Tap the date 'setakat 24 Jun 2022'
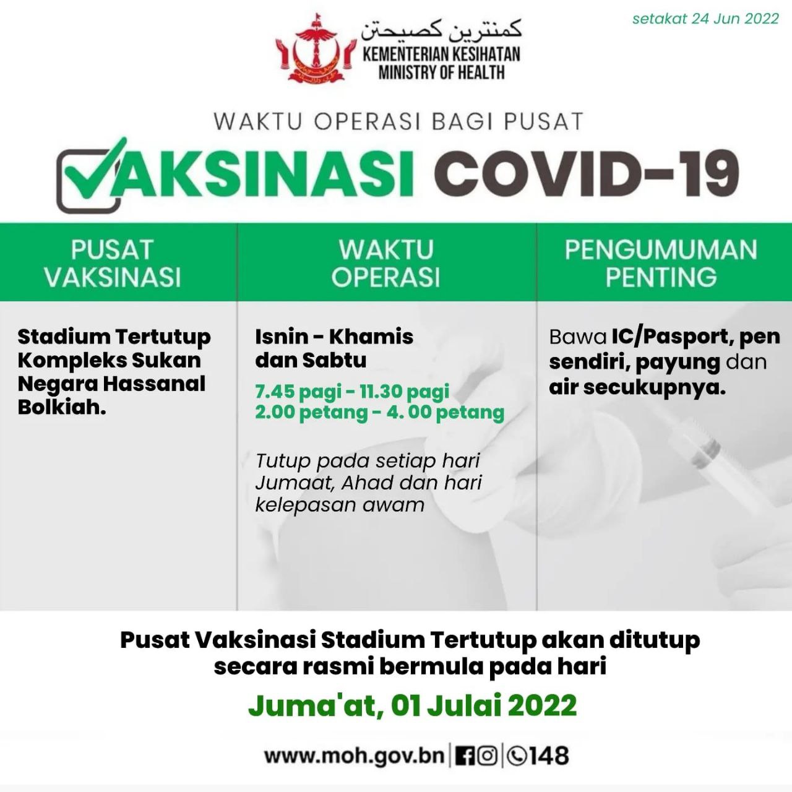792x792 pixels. (705, 19)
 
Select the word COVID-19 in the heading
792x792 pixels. (587, 174)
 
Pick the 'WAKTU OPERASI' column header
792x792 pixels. (386, 263)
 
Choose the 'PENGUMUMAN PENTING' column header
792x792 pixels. (661, 263)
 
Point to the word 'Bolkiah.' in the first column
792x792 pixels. (62, 407)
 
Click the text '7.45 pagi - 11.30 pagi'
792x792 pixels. (352, 391)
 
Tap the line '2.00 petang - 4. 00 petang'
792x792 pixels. (379, 412)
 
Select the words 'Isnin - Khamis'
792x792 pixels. (334, 337)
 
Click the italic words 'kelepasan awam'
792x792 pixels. (340, 505)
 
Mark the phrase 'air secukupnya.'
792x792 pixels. (637, 387)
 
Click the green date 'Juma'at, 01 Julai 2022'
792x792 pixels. (412, 705)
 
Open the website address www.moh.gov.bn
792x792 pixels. (355, 756)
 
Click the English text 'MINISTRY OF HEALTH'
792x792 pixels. (441, 73)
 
